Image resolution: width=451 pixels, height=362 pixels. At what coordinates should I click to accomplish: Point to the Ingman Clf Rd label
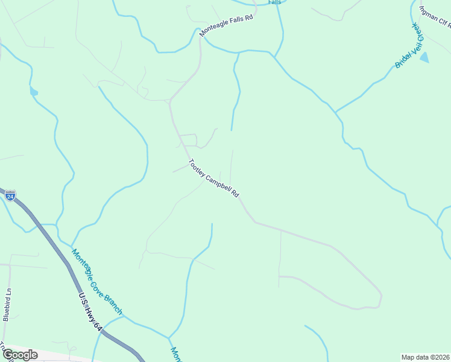point(435,16)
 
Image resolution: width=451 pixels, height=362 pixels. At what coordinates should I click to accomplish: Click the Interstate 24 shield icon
point(10,195)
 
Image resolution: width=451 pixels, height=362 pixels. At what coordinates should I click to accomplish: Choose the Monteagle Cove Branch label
point(96,282)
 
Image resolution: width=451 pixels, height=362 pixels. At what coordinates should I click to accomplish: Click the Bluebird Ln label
point(7,304)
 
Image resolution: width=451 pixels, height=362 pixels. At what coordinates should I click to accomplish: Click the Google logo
point(20,355)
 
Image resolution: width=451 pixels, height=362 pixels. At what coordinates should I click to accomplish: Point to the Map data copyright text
point(426,357)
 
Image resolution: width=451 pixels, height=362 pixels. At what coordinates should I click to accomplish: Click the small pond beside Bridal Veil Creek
point(424,58)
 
